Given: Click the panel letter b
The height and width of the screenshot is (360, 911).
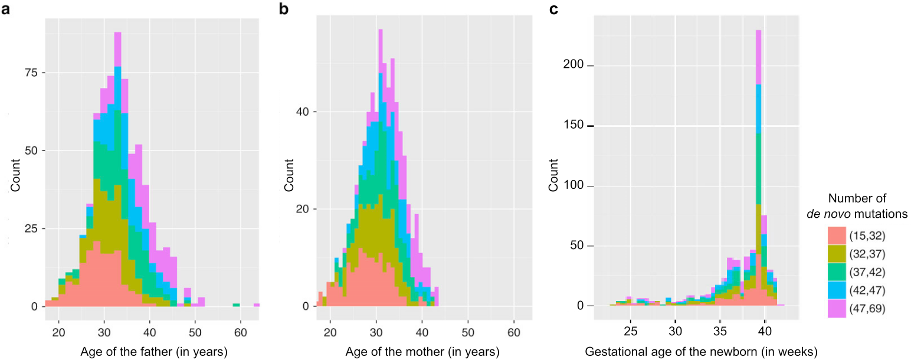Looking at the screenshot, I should [291, 9].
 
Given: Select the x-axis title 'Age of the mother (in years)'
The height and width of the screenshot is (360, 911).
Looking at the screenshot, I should [424, 352].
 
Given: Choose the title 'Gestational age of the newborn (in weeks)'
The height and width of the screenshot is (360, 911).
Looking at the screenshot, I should [702, 352].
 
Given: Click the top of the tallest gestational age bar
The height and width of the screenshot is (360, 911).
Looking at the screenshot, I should [758, 31].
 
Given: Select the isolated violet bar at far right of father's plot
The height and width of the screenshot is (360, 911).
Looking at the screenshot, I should [257, 305].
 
